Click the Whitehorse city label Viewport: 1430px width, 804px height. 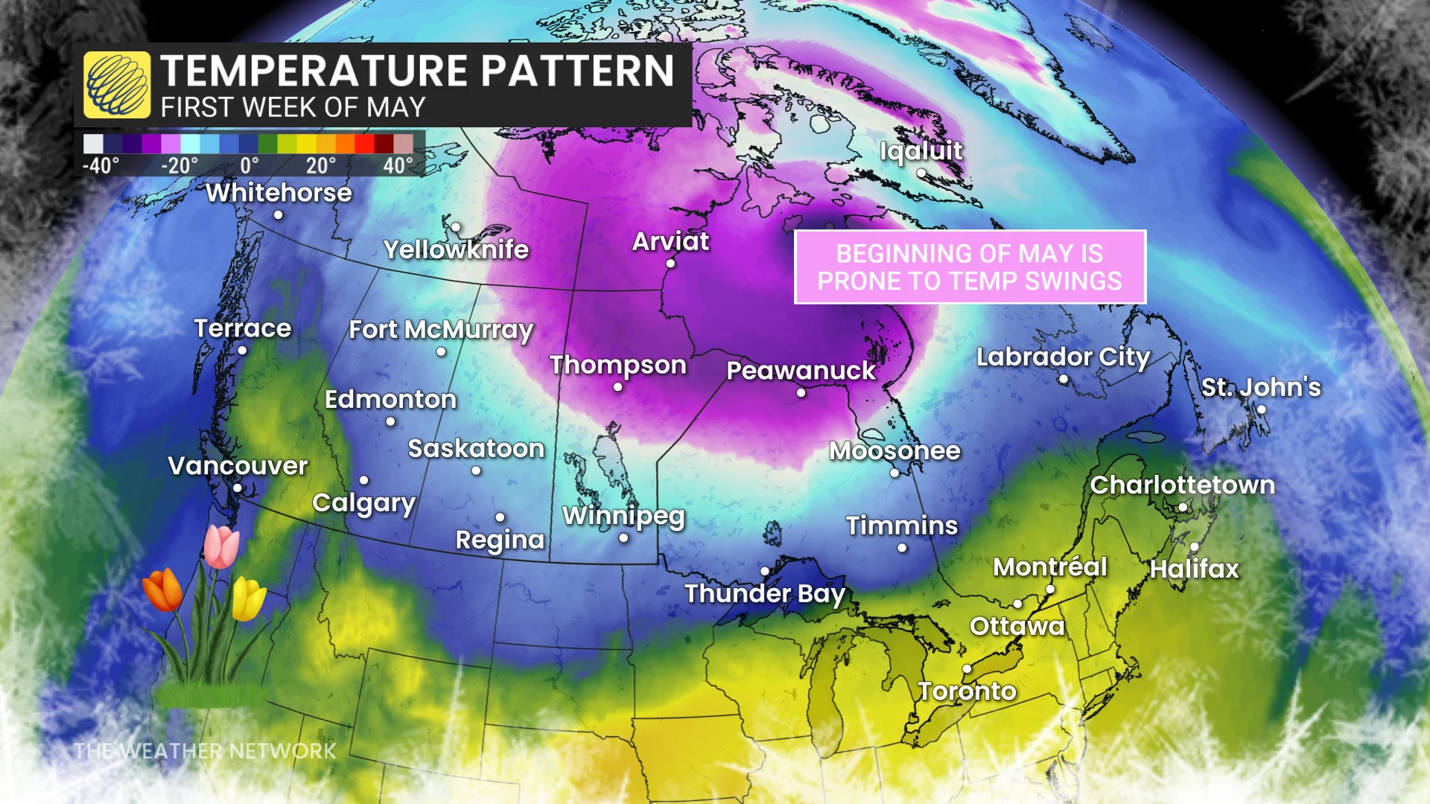[279, 193]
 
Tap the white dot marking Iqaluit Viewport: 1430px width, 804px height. [921, 173]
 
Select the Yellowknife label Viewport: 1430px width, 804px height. [456, 249]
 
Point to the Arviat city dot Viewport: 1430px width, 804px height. [670, 264]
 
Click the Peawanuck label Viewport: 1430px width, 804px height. [801, 370]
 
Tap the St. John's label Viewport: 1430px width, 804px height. [1260, 387]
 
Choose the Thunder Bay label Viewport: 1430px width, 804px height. [764, 593]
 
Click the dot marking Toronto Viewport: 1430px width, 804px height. [967, 669]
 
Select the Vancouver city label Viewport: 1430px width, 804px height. [238, 466]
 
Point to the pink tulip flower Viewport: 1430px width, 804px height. [221, 546]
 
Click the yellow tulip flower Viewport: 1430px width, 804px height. [248, 599]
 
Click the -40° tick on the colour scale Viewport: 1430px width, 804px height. [100, 165]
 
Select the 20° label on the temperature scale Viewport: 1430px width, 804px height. [321, 165]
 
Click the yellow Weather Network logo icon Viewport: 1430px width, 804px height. [117, 85]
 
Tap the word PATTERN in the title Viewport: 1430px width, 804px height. [577, 71]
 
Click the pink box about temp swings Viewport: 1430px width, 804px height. [969, 267]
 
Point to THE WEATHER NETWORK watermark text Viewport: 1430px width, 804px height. [205, 750]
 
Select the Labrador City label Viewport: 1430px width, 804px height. [1063, 357]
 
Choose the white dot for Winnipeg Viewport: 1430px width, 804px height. [623, 538]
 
